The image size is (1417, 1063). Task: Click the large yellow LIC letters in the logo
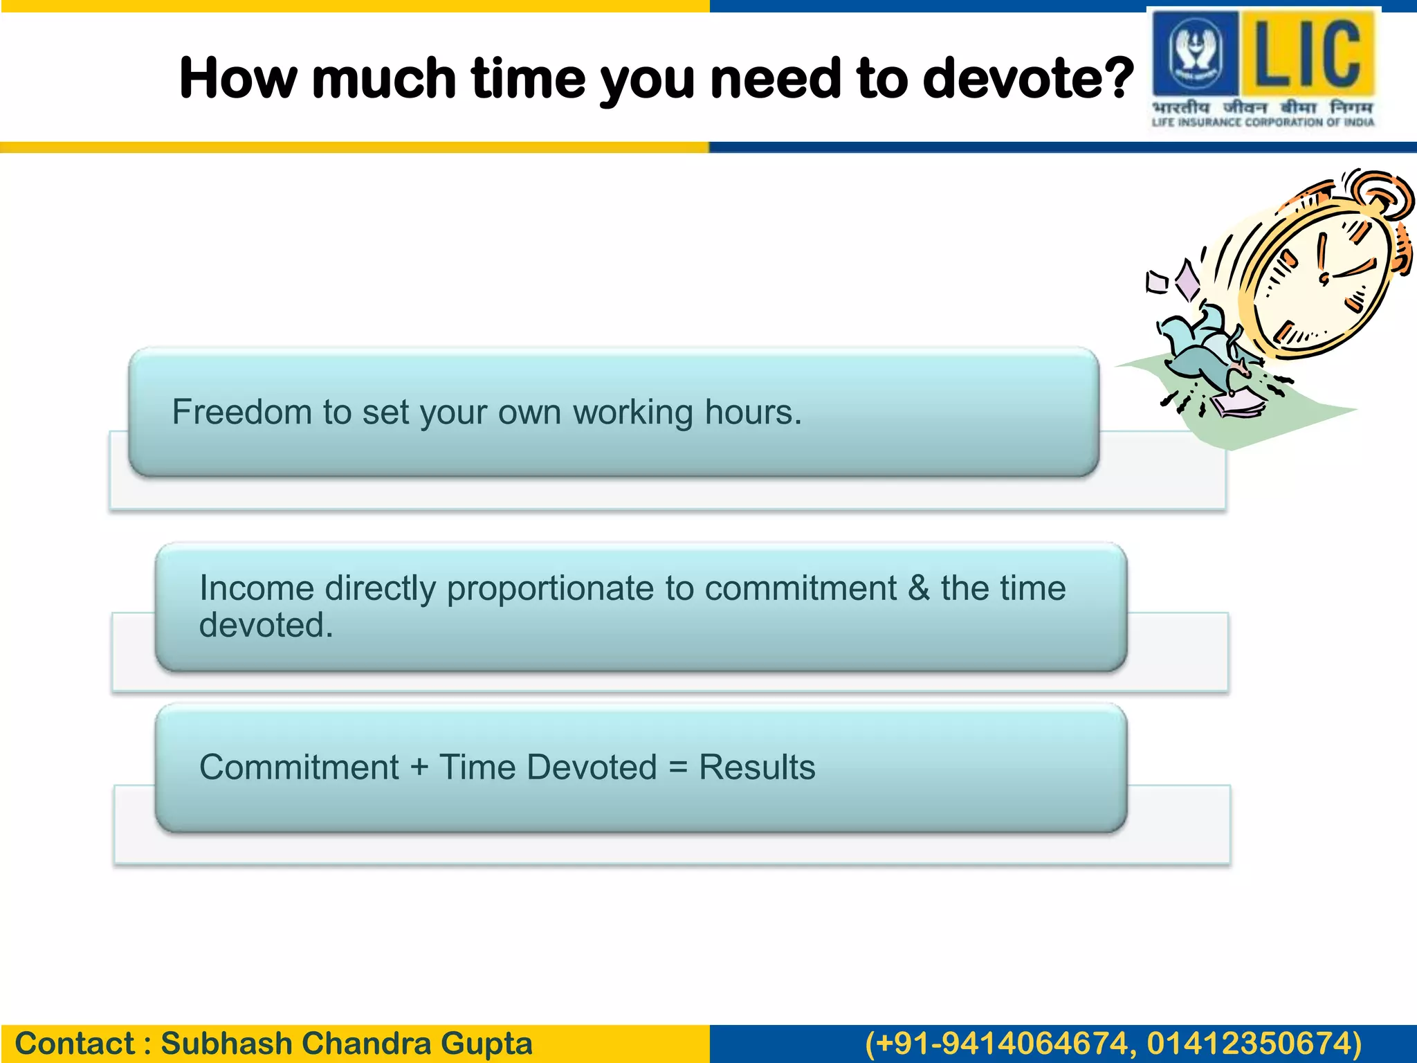pyautogui.click(x=1307, y=53)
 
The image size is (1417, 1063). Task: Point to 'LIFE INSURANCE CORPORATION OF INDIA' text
pyautogui.click(x=1263, y=122)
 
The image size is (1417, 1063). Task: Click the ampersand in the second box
pyautogui.click(x=918, y=588)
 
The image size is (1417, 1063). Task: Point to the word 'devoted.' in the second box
pyautogui.click(x=266, y=625)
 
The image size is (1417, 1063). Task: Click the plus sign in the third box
pyautogui.click(x=419, y=767)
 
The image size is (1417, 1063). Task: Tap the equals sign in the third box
pyautogui.click(x=678, y=767)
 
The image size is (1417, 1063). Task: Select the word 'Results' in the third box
pyautogui.click(x=757, y=767)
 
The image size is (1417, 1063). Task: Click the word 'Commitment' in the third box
pyautogui.click(x=299, y=767)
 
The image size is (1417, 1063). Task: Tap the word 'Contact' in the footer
pyautogui.click(x=75, y=1044)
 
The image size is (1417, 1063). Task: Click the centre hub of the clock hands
pyautogui.click(x=1324, y=279)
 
